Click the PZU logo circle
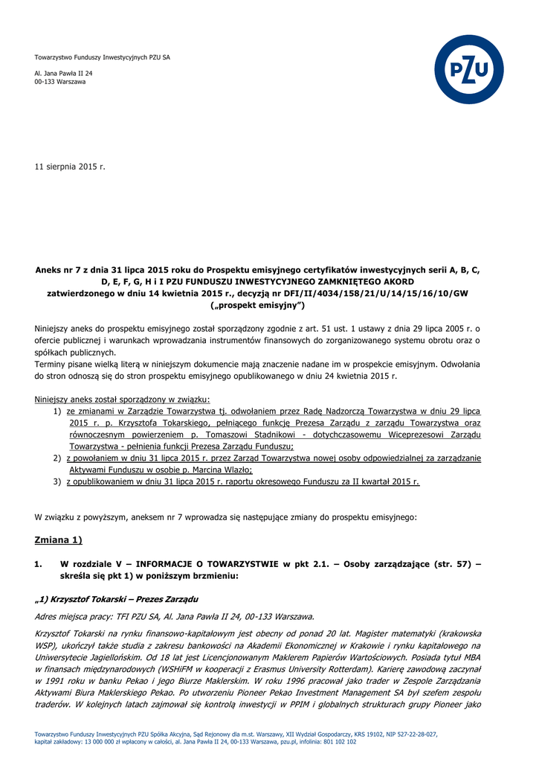point(468,70)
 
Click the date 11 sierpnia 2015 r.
point(70,167)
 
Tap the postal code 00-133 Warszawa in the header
point(60,82)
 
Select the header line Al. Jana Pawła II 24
point(64,73)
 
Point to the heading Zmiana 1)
point(59,540)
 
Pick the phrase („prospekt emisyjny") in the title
point(257,305)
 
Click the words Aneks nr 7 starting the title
point(60,270)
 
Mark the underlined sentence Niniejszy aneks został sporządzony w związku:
point(122,399)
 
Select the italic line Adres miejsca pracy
point(174,615)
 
